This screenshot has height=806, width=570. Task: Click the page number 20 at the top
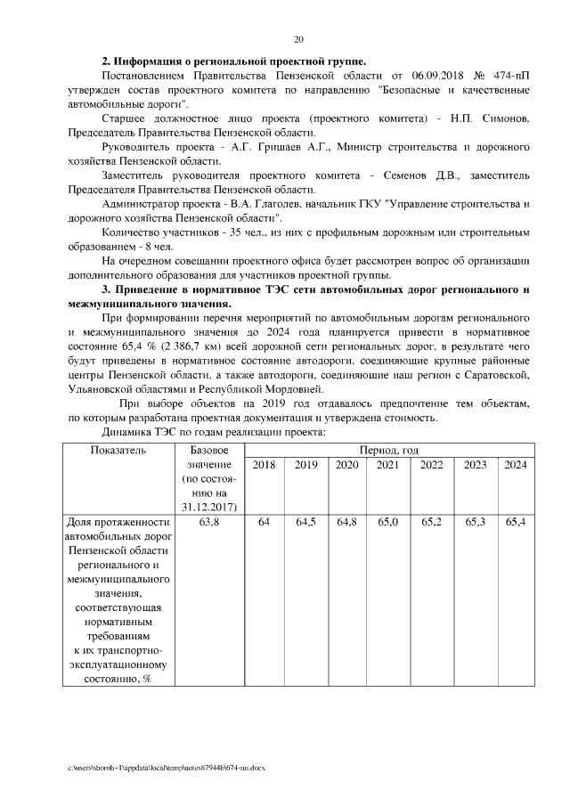298,39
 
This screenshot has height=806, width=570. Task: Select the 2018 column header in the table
264,465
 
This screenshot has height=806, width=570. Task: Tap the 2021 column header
387,465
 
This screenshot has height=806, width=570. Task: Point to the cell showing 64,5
305,521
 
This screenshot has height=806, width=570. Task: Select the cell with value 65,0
387,521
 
